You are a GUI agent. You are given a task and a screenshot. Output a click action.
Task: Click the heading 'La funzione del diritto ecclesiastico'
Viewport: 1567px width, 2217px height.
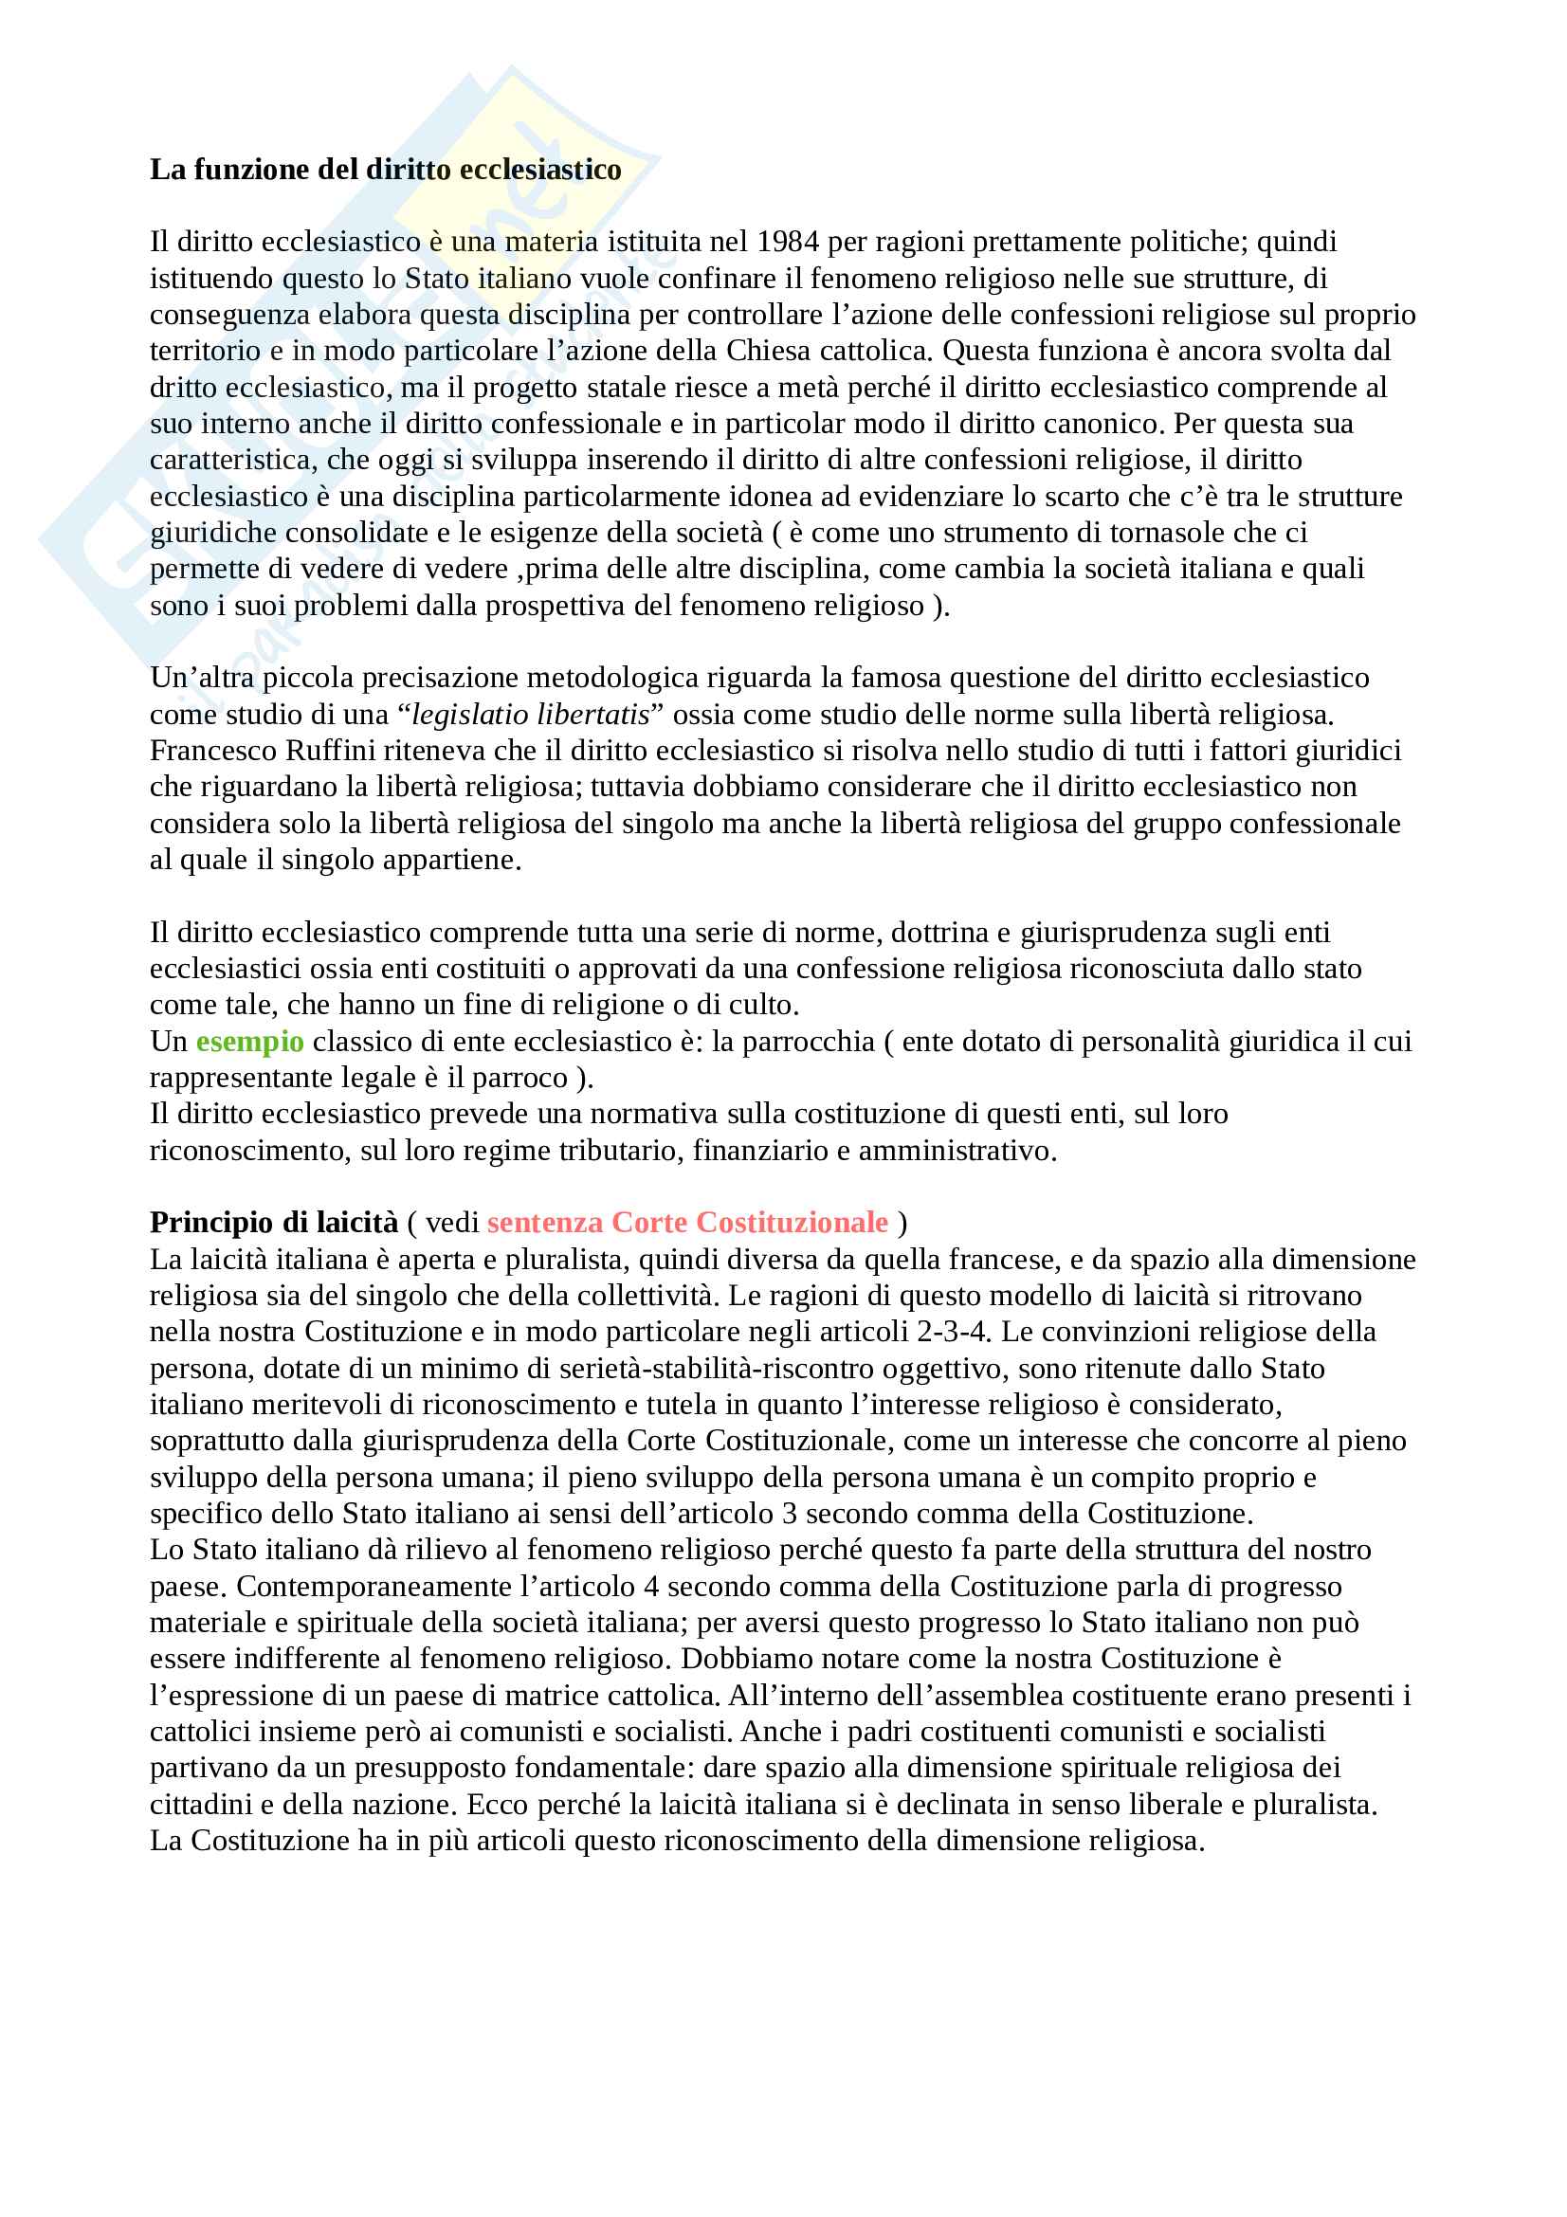pyautogui.click(x=385, y=170)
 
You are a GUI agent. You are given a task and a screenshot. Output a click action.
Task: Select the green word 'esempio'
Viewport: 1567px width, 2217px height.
pyautogui.click(x=250, y=1042)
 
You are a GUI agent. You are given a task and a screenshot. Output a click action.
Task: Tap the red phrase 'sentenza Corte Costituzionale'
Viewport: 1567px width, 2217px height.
pyautogui.click(x=687, y=1224)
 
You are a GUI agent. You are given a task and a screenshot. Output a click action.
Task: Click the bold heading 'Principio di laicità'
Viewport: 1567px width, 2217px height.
pyautogui.click(x=273, y=1224)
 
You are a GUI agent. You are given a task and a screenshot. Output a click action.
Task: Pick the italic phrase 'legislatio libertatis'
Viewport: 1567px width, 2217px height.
pyautogui.click(x=530, y=715)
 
